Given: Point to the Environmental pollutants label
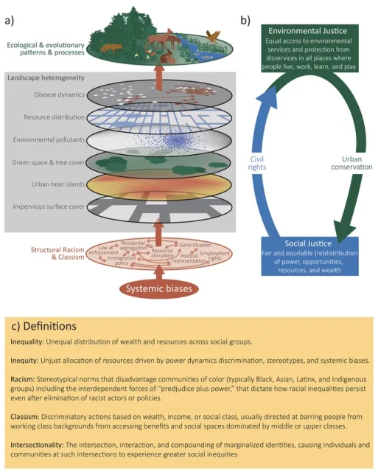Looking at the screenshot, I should tap(51, 139).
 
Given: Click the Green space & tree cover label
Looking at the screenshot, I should tap(49, 162).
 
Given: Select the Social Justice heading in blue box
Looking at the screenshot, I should tap(312, 243).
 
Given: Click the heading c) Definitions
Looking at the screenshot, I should tap(46, 326).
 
